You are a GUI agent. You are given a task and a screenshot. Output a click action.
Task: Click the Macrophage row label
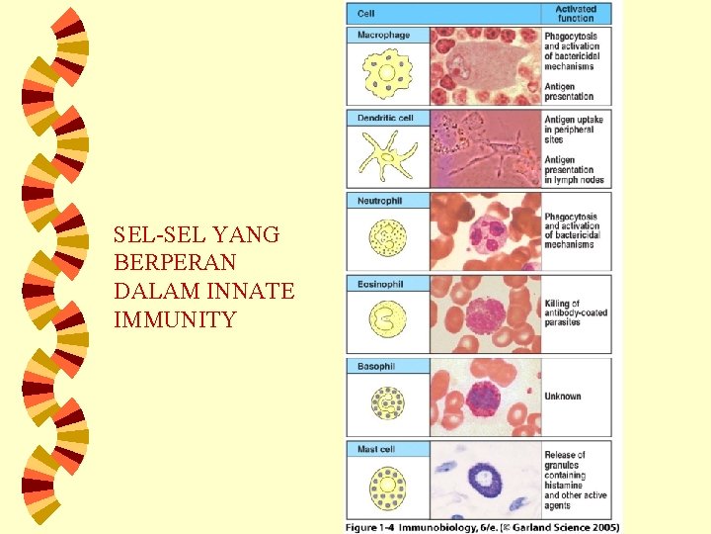coord(383,36)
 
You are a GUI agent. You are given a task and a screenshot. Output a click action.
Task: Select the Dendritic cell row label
coord(385,118)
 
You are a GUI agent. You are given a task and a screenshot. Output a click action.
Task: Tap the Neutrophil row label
coord(380,201)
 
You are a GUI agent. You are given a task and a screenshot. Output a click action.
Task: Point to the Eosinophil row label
coord(380,284)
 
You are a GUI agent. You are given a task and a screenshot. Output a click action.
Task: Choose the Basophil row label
coord(376,367)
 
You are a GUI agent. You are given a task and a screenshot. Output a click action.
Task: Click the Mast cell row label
coord(377,450)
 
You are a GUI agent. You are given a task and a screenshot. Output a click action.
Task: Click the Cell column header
coord(366,14)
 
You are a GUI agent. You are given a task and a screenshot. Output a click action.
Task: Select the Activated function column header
coord(575,14)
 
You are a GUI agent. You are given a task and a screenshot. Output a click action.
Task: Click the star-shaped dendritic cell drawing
coord(387,155)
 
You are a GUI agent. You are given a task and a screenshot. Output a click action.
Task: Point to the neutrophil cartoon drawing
coord(387,238)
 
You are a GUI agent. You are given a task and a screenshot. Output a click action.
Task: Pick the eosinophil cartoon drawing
coord(387,320)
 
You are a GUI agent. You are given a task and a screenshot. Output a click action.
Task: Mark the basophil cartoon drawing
coord(387,403)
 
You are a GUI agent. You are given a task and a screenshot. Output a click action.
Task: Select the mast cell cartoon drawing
coord(387,487)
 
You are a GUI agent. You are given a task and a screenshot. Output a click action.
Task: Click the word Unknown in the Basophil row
coord(563,397)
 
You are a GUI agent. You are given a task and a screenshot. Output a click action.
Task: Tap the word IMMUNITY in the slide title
coord(175,320)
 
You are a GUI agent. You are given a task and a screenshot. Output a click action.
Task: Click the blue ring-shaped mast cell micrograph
coord(487,482)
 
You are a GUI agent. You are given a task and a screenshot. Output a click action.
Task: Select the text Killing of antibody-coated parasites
coord(576,312)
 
